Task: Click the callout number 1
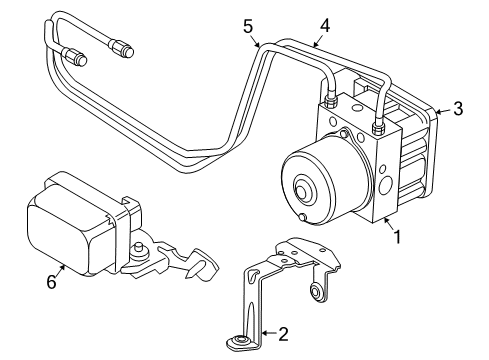[x=397, y=237]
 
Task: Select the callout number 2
[x=283, y=334]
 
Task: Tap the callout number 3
[x=458, y=109]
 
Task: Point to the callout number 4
[x=325, y=26]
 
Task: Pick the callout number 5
[x=248, y=26]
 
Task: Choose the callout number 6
[x=51, y=282]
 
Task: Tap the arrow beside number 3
[x=444, y=111]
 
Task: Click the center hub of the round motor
[x=302, y=191]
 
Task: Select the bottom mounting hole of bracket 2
[x=241, y=340]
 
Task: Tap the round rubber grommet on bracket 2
[x=315, y=292]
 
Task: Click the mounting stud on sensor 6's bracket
[x=137, y=250]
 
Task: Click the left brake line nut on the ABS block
[x=330, y=100]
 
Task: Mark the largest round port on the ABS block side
[x=385, y=185]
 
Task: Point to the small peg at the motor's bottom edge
[x=303, y=217]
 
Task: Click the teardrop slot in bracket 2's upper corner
[x=253, y=273]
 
